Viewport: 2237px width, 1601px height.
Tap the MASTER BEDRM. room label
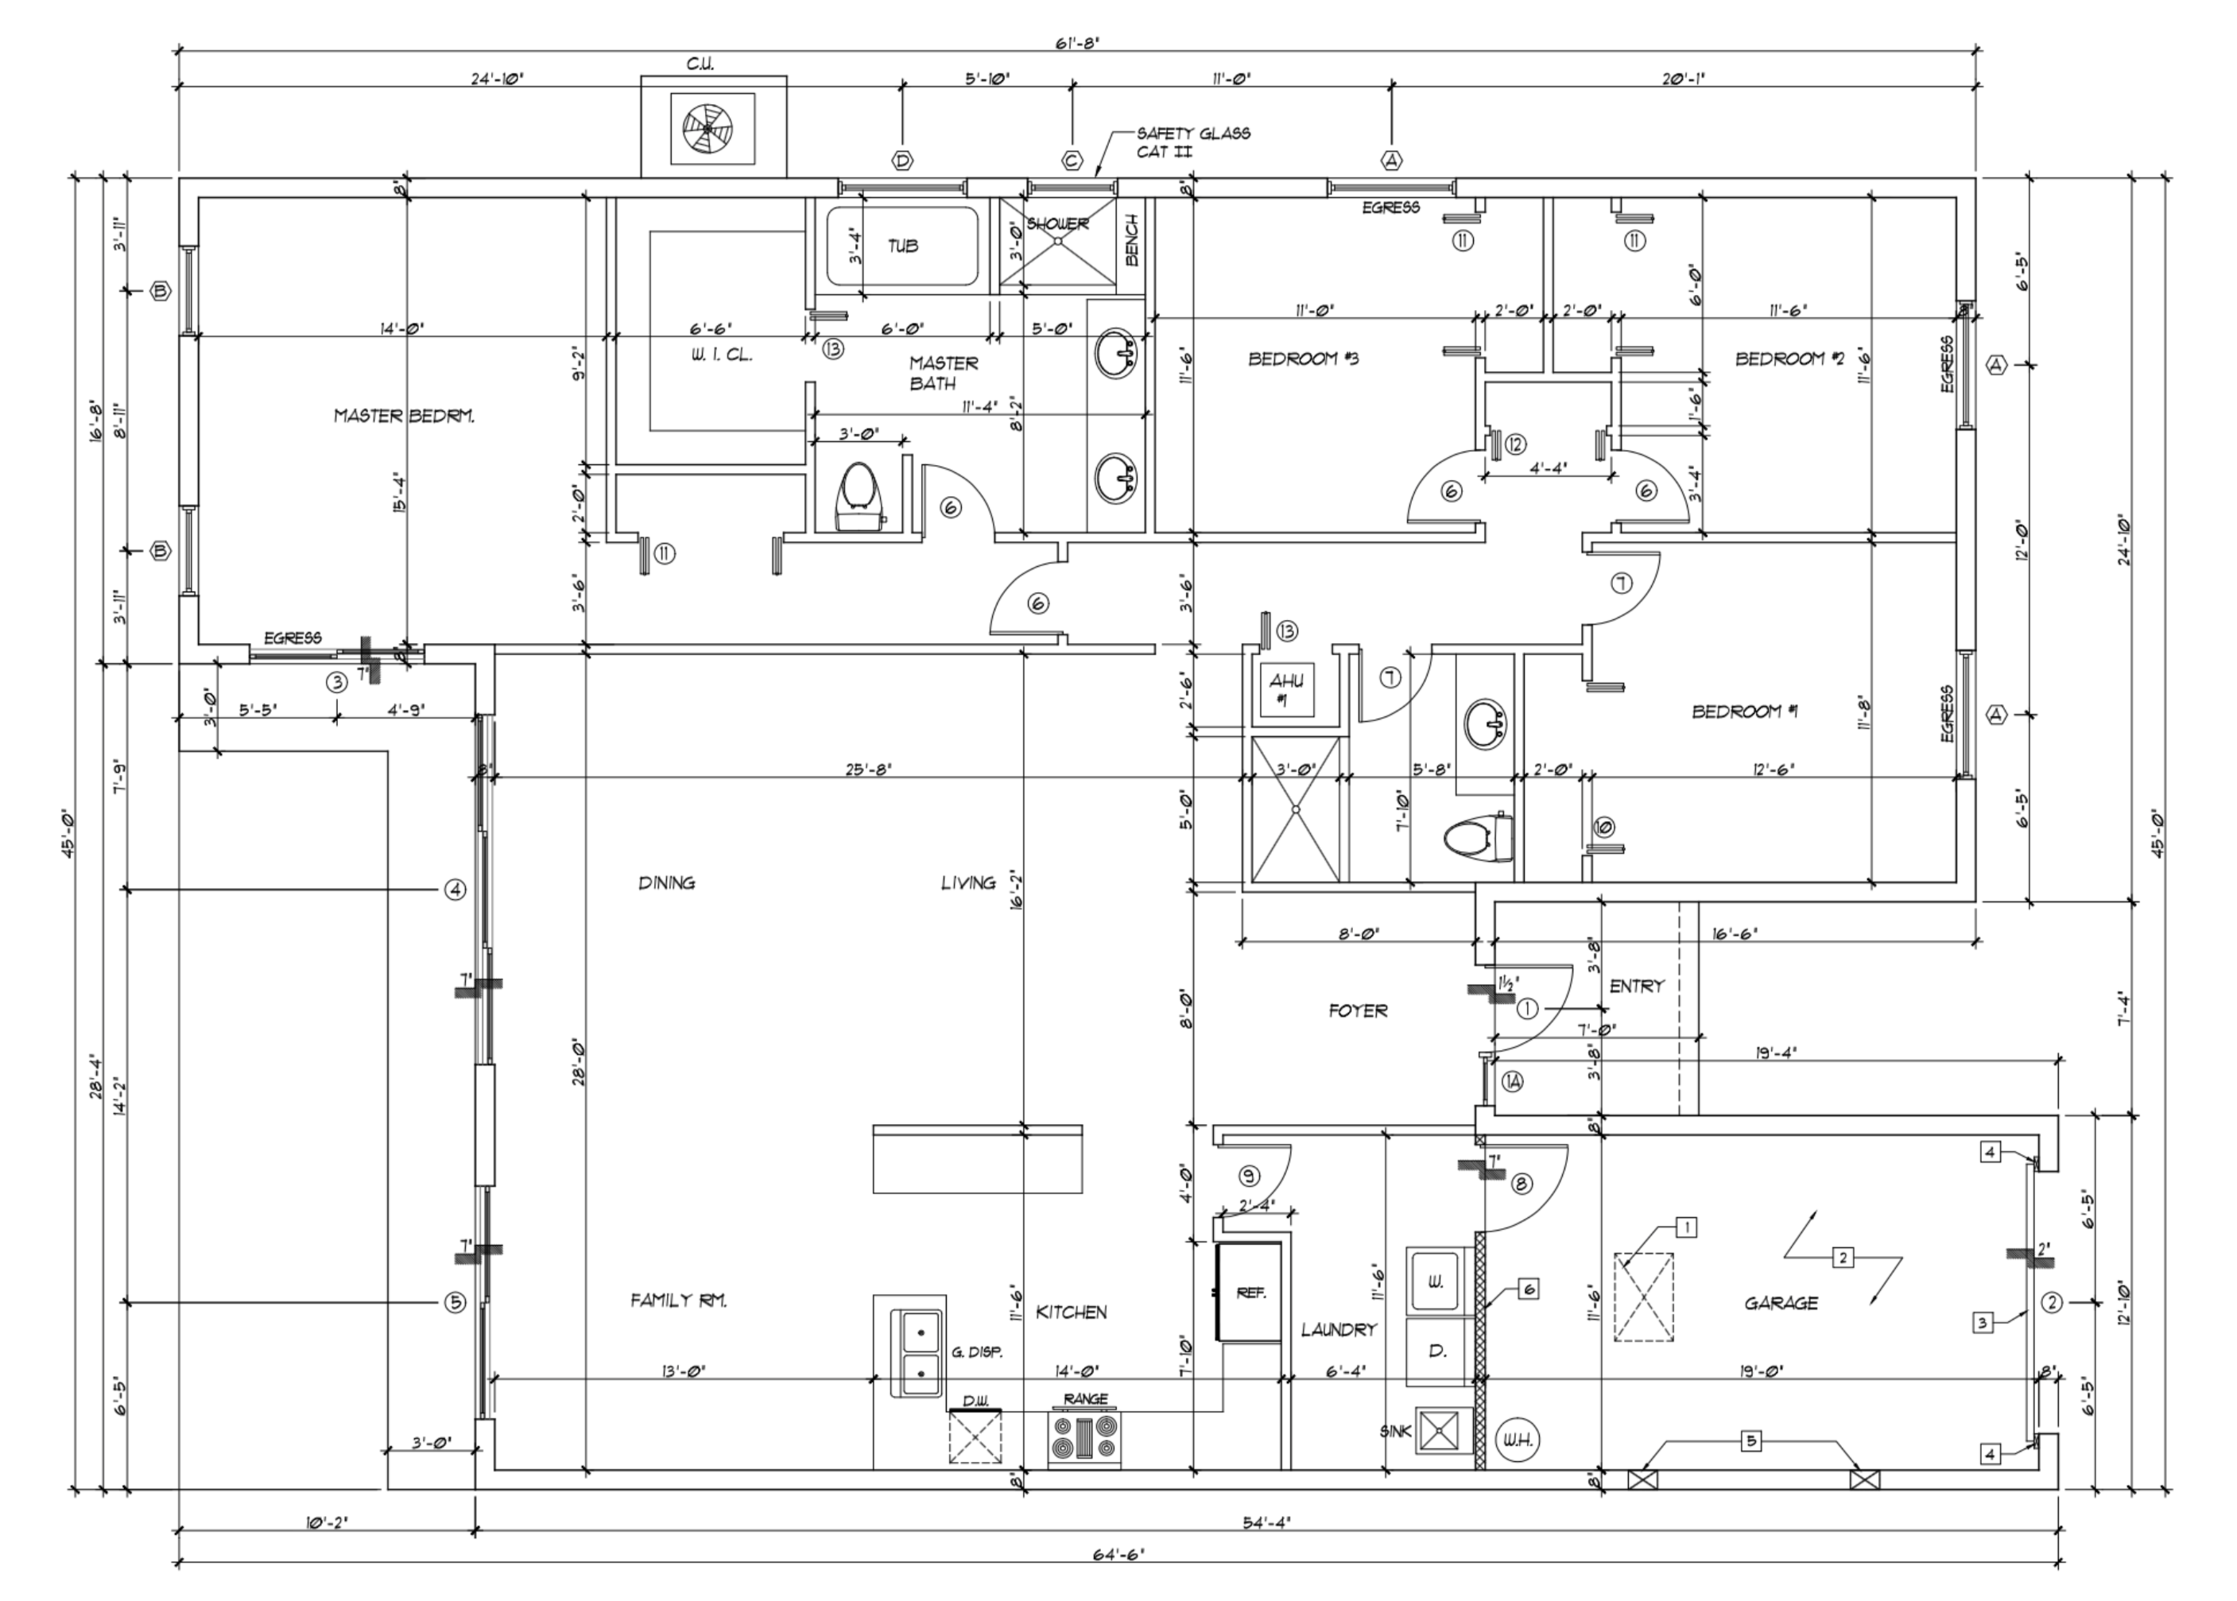[403, 416]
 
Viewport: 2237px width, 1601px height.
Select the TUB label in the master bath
[902, 246]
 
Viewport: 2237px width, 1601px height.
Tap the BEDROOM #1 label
[1744, 711]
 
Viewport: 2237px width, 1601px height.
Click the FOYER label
[1357, 1010]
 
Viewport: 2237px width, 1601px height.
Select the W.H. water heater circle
[1515, 1440]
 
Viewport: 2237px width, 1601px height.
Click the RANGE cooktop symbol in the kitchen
[1084, 1437]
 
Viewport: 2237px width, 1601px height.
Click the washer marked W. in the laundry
[1436, 1281]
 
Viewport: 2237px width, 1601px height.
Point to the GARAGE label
[1780, 1303]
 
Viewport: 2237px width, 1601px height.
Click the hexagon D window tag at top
[901, 160]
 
